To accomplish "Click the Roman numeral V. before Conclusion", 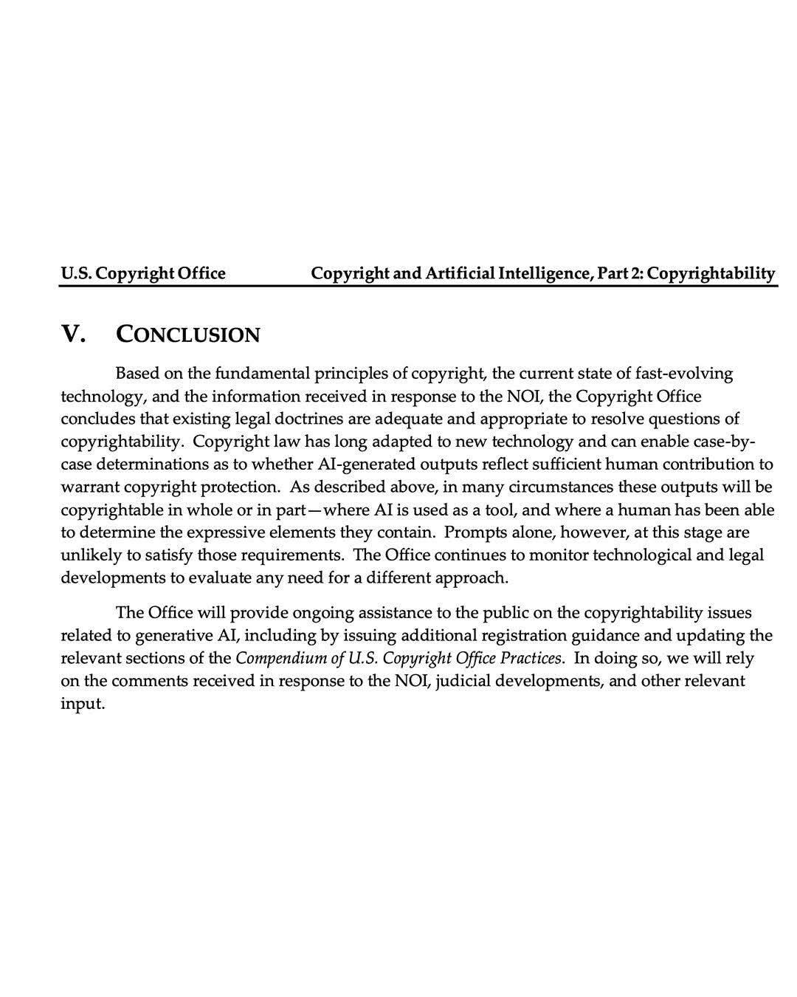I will coord(72,334).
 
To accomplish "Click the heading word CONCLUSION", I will coord(188,335).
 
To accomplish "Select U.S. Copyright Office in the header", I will coord(142,273).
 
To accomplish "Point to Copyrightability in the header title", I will coord(711,273).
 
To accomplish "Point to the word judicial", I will coord(462,680).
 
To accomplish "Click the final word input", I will coord(83,703).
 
